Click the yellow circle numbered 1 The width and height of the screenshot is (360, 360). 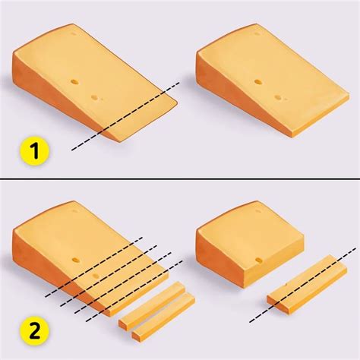(x=34, y=151)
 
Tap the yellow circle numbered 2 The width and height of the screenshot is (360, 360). (x=34, y=332)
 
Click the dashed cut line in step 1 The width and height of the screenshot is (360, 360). (x=125, y=116)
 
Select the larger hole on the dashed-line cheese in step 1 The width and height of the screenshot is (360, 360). (x=75, y=82)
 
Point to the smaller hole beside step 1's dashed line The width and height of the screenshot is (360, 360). (x=95, y=98)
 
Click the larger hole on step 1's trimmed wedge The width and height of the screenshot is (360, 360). (x=258, y=82)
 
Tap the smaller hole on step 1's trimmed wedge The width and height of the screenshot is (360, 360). (x=278, y=97)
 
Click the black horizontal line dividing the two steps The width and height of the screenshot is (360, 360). (x=180, y=178)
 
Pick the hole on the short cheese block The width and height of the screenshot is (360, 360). (x=258, y=260)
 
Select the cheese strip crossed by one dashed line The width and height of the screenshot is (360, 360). (x=307, y=284)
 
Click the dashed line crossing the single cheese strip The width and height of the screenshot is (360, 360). (x=302, y=285)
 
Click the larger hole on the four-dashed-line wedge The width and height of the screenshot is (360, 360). (x=75, y=260)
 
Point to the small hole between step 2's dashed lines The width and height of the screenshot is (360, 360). (x=96, y=275)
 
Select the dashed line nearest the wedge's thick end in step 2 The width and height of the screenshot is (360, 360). (x=94, y=267)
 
